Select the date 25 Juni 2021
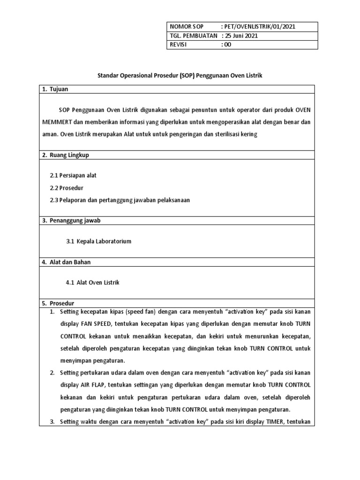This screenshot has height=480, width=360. point(240,36)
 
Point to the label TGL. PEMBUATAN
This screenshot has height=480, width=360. point(194,36)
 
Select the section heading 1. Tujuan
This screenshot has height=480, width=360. point(56,89)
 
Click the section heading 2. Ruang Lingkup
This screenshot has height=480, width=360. point(66,154)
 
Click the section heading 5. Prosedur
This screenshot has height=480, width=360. point(59,303)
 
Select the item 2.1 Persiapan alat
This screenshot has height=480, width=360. point(73,175)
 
